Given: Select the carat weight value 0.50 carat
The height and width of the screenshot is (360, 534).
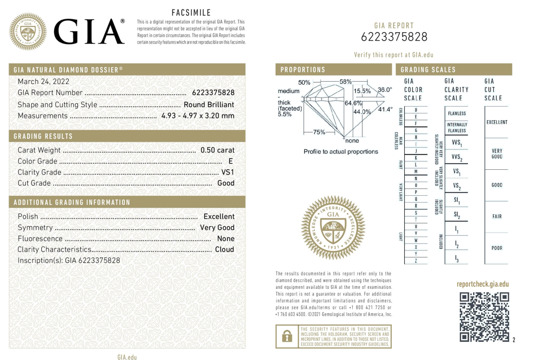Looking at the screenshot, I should point(217,150).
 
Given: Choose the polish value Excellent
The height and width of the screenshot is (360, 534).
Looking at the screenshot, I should point(218,216).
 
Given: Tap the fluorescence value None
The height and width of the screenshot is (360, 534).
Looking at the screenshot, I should point(226,238).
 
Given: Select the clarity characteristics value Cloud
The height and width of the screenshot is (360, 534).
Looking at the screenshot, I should point(225,249).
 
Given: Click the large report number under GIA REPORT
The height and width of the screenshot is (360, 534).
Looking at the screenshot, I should point(394,37).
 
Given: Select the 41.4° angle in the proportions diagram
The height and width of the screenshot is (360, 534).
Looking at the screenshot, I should point(384,109).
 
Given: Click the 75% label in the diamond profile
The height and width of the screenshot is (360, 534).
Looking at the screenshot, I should point(318,132).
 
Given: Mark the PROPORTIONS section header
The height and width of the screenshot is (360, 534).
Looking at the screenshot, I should point(303,70).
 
